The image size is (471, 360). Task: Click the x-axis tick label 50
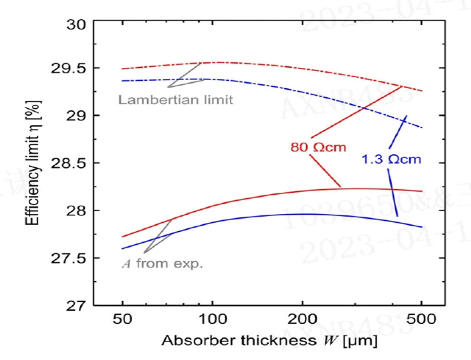pos(123,320)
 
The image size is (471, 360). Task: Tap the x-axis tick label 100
pos(212,320)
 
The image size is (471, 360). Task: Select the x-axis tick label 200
pos(302,320)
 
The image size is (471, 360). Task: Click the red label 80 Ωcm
pos(318,147)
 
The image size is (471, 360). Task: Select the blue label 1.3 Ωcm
pos(391,159)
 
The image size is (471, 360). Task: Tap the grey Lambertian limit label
pos(175,99)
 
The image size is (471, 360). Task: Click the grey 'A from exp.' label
pos(162,264)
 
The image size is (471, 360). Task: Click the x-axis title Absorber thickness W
pos(269,341)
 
